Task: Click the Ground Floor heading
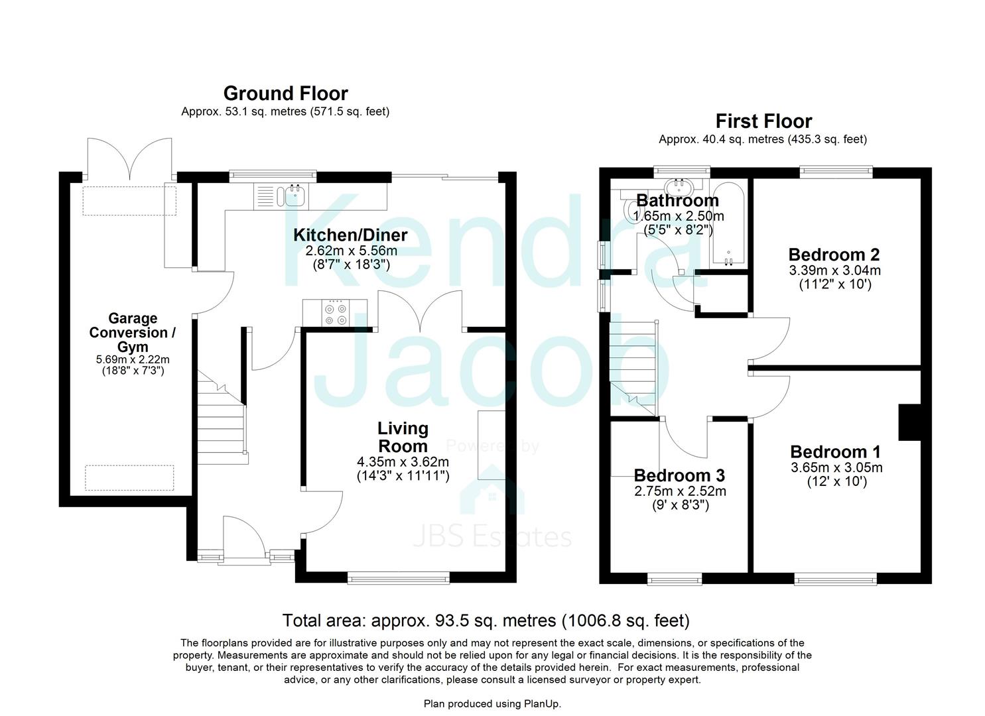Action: pyautogui.click(x=285, y=93)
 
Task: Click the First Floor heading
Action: pyautogui.click(x=763, y=121)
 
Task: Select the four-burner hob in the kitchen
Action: pyautogui.click(x=335, y=314)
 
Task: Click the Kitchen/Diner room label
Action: pyautogui.click(x=350, y=235)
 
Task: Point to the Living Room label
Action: pyautogui.click(x=403, y=437)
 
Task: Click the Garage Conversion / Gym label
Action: pyautogui.click(x=133, y=333)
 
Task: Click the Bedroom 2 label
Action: pyautogui.click(x=834, y=255)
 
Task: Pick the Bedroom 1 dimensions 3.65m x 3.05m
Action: pyautogui.click(x=836, y=467)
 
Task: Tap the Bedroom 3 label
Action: pyautogui.click(x=679, y=475)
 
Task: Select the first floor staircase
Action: pyautogui.click(x=633, y=368)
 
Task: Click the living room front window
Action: pyautogui.click(x=399, y=578)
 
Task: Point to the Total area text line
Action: pyautogui.click(x=486, y=621)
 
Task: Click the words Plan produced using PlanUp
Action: pyautogui.click(x=492, y=703)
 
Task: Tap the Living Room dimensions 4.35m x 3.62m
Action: pyautogui.click(x=403, y=462)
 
